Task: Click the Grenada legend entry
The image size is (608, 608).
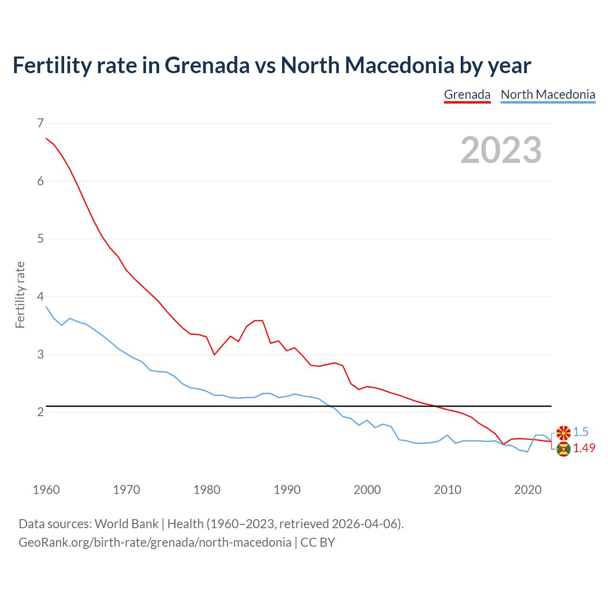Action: click(467, 95)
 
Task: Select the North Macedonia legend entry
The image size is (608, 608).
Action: click(548, 95)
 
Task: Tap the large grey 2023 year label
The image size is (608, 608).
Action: click(501, 150)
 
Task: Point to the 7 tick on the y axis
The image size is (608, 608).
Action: click(40, 123)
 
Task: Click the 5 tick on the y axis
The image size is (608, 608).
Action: click(40, 239)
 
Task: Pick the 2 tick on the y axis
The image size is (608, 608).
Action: click(40, 412)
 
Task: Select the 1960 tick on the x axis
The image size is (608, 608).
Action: click(46, 490)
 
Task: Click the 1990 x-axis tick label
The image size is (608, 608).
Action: click(287, 490)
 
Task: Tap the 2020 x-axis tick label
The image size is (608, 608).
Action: click(528, 490)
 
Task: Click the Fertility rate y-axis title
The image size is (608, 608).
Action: click(20, 294)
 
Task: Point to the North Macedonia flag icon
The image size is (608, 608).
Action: click(563, 433)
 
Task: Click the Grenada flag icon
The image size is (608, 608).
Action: click(563, 449)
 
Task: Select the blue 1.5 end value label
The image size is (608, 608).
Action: click(580, 432)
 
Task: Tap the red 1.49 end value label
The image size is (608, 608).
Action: click(584, 448)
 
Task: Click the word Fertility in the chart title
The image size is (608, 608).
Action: click(51, 65)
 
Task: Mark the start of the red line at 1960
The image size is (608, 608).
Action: click(46, 138)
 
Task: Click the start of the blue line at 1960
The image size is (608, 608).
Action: click(46, 307)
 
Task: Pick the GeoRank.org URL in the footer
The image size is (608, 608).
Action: click(155, 542)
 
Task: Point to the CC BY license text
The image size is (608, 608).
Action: click(318, 542)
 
